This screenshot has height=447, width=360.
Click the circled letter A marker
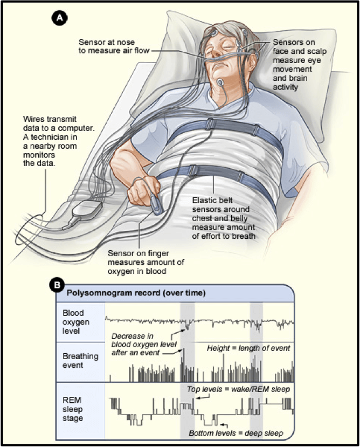tap(59, 18)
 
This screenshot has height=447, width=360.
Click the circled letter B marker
tap(57, 285)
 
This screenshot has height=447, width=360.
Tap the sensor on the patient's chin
tap(220, 83)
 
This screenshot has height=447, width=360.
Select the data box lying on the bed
tap(87, 210)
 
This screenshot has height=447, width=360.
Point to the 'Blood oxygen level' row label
tap(76, 322)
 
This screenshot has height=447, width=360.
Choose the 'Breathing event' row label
tap(80, 361)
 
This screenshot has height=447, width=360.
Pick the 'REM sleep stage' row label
tap(73, 409)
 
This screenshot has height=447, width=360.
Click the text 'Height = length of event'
tap(248, 348)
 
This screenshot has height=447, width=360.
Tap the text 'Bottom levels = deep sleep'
tap(236, 433)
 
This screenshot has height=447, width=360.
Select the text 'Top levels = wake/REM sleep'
tap(238, 389)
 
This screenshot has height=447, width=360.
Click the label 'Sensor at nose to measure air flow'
tap(114, 46)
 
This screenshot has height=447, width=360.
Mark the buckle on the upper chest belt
tap(210, 125)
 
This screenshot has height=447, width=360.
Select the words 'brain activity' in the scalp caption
tap(290, 82)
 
